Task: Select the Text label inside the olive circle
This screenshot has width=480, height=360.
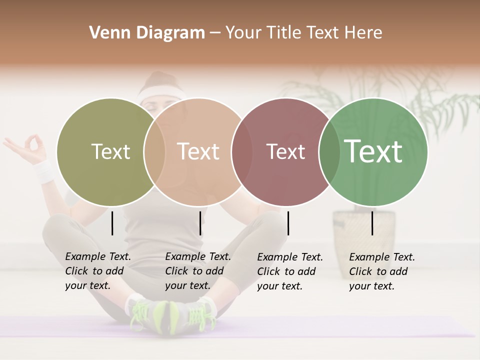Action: [x=110, y=151]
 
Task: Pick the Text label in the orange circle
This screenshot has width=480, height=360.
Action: [x=198, y=151]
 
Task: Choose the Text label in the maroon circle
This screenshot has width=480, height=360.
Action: [x=285, y=151]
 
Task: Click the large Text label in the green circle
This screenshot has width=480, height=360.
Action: [x=373, y=151]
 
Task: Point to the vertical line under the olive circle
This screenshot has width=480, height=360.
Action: [x=112, y=223]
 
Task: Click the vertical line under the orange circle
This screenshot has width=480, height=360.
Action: [x=200, y=223]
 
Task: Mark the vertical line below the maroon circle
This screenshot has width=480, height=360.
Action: [x=288, y=223]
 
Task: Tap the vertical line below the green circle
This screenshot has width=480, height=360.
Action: [x=372, y=223]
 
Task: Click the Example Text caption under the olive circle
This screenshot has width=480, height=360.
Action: [x=97, y=271]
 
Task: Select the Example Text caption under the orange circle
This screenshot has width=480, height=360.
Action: [x=197, y=271]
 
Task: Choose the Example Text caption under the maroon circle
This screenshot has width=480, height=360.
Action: [x=289, y=271]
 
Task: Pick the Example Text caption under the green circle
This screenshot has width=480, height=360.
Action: [x=381, y=271]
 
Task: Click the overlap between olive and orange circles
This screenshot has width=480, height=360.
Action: [x=154, y=152]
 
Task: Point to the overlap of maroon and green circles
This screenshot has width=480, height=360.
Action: [x=328, y=152]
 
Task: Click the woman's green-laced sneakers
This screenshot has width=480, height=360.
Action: [x=172, y=315]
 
